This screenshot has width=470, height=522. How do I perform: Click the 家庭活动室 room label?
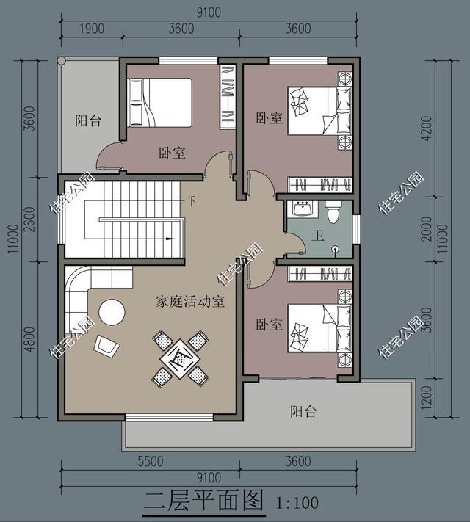(190, 302)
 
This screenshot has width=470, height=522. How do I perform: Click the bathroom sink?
(302, 208)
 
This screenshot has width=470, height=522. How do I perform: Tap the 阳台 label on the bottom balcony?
(303, 412)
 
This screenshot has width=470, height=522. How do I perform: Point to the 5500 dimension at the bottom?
(151, 462)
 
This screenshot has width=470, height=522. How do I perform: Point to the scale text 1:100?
(297, 503)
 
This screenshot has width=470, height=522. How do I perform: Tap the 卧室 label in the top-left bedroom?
(172, 153)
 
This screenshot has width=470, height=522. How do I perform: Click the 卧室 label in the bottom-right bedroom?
(269, 324)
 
